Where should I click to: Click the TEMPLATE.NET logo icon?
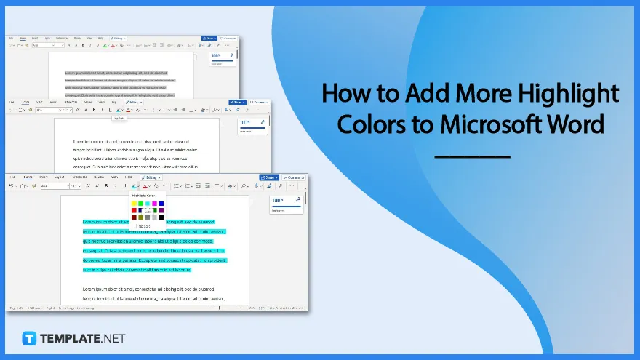30,338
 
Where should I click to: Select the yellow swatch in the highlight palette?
133,204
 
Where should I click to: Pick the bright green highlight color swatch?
140,204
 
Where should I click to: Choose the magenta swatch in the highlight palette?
154,204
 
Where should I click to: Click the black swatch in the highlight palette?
161,217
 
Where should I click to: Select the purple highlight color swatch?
161,210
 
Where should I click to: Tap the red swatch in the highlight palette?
133,210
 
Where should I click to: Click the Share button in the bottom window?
268,177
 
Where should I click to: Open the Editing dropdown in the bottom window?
151,177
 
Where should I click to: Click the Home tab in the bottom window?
28,177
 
